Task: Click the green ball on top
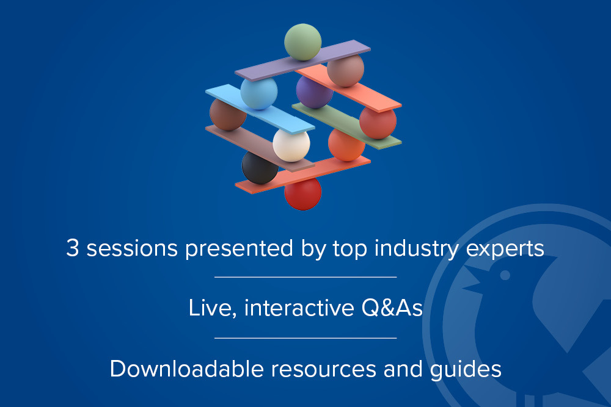(x=303, y=42)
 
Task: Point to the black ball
(x=259, y=168)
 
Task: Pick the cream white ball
(x=291, y=144)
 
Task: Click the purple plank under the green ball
(x=302, y=60)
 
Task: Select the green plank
(x=347, y=125)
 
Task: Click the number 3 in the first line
(x=73, y=248)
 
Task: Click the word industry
(x=416, y=250)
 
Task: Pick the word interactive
(x=299, y=308)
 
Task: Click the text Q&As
(x=392, y=308)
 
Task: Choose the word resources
(x=323, y=370)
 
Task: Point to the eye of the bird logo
(x=505, y=275)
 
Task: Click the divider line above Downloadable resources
(x=305, y=338)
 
